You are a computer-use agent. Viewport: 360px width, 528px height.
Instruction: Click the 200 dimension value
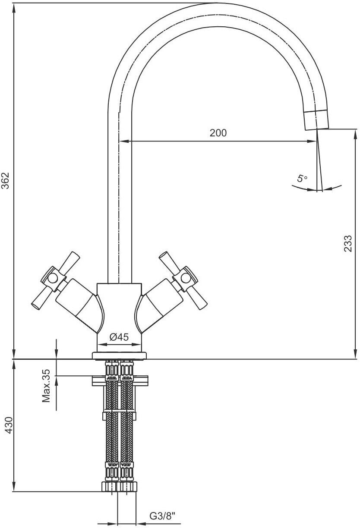click(218, 133)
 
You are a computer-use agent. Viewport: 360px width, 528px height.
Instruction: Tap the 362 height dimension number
click(6, 181)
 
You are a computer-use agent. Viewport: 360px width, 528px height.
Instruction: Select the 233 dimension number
click(347, 243)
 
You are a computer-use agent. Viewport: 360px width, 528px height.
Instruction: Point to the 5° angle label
click(302, 179)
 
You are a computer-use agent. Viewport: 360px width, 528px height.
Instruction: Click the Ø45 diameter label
click(119, 337)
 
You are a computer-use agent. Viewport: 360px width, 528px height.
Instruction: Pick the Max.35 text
click(46, 386)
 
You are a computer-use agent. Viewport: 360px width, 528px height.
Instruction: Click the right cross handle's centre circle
click(186, 278)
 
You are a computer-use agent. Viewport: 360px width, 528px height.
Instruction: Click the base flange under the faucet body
click(120, 356)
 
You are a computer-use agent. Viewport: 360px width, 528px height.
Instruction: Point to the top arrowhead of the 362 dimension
click(14, 8)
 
